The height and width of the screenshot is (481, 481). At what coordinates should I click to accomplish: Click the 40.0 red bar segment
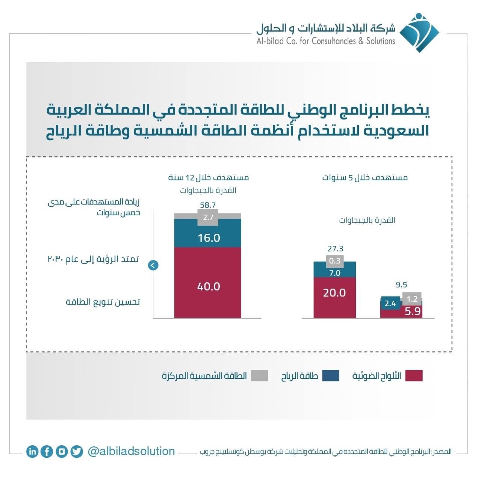click(207, 283)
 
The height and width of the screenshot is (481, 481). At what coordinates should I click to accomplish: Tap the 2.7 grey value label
click(208, 218)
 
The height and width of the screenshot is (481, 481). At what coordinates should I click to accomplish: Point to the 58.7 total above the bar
click(208, 205)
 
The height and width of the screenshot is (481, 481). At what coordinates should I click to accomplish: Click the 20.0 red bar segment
click(334, 298)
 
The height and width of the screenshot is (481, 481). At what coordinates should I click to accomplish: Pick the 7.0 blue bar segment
click(334, 272)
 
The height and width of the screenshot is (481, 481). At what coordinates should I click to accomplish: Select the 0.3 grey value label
click(335, 261)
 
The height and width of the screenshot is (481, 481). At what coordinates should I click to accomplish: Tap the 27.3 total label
click(335, 249)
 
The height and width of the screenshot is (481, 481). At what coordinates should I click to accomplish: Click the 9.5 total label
click(401, 284)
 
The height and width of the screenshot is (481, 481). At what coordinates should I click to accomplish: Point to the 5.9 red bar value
click(413, 312)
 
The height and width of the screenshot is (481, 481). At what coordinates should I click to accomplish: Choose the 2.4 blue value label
click(390, 304)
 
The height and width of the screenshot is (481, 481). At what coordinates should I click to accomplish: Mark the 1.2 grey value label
click(412, 299)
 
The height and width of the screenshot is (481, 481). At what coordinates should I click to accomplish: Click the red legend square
click(414, 376)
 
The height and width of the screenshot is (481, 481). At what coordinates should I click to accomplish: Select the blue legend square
click(330, 376)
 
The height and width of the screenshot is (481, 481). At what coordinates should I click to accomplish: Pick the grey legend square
click(259, 376)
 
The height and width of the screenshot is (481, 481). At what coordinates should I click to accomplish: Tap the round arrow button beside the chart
click(153, 265)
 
